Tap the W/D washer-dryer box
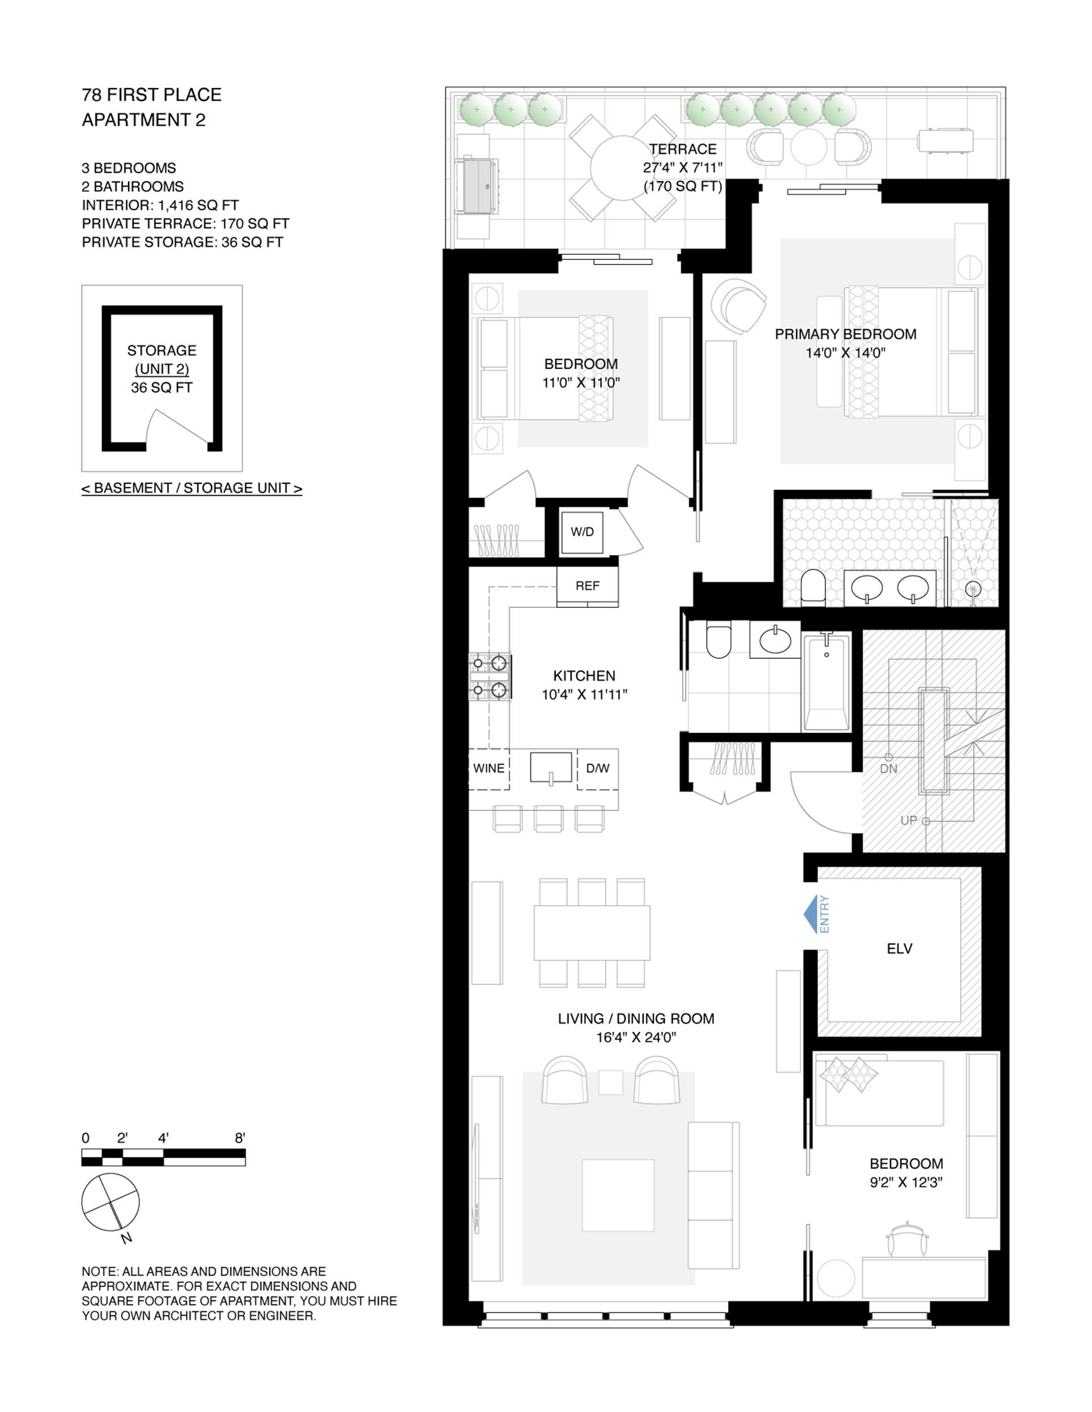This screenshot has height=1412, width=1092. [x=582, y=532]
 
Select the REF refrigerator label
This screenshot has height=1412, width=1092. [x=587, y=586]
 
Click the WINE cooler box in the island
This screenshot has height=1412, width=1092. [x=489, y=769]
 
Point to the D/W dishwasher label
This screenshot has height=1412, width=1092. [x=597, y=768]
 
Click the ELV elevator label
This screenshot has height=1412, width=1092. [x=899, y=949]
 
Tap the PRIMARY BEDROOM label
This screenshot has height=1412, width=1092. [x=846, y=334]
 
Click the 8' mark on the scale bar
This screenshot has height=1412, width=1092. [x=240, y=1138]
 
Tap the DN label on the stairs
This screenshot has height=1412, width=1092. [x=888, y=769]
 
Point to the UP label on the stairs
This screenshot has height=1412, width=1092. [x=908, y=821]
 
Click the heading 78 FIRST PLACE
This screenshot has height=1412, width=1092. [x=152, y=95]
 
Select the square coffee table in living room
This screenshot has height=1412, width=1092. [x=618, y=1195]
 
